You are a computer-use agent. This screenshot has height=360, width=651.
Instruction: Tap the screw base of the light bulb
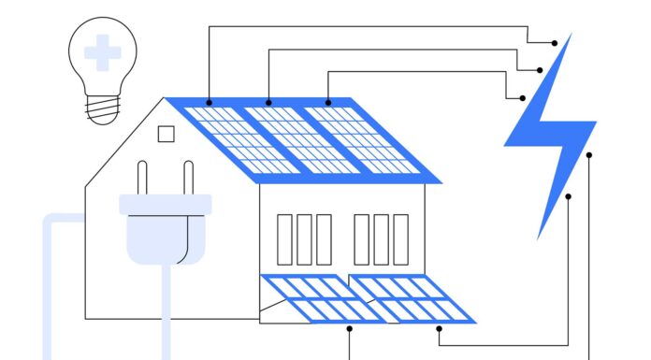click(x=102, y=109)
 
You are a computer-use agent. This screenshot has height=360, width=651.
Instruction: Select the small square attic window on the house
click(x=166, y=134)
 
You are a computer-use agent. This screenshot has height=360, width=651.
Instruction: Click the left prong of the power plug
click(x=143, y=179)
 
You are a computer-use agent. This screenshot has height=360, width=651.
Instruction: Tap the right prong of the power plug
click(x=188, y=179)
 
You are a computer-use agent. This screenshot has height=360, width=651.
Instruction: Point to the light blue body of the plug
click(x=165, y=229)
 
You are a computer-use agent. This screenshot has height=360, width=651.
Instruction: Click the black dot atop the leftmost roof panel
click(x=209, y=102)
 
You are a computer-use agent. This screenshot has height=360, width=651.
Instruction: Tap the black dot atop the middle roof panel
click(x=269, y=102)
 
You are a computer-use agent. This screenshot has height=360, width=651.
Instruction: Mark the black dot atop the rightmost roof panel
click(x=328, y=102)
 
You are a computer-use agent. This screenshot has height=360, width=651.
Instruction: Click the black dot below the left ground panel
click(x=350, y=328)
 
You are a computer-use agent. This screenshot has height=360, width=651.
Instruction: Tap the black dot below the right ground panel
click(x=439, y=328)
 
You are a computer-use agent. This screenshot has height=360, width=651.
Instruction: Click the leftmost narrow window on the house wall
click(x=284, y=239)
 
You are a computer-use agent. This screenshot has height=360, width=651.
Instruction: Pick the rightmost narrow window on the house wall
click(x=400, y=239)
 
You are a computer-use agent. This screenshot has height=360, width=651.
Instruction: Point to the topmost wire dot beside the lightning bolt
click(x=555, y=42)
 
